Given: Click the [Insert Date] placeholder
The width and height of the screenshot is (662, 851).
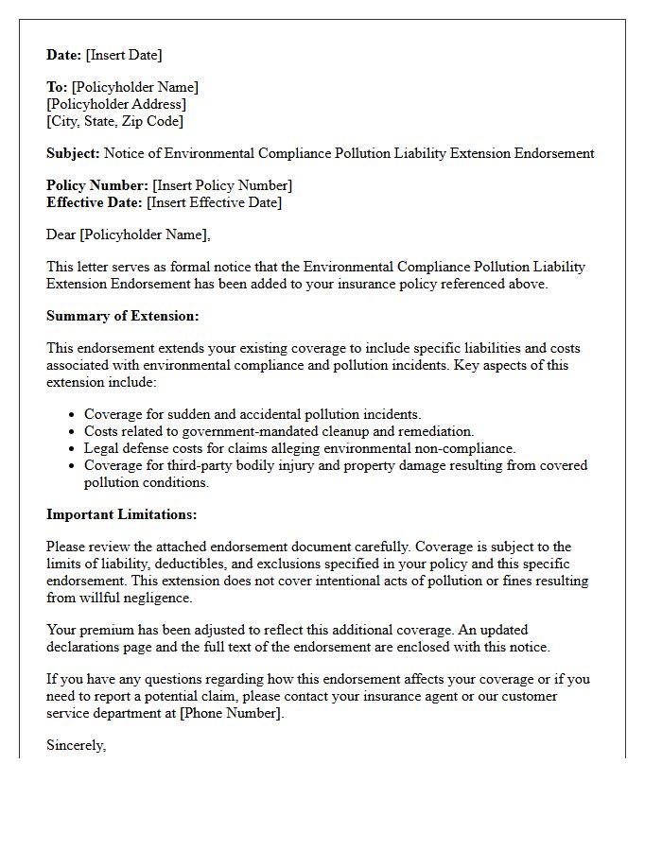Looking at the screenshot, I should (x=125, y=55).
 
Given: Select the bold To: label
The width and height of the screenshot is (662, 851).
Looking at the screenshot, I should (x=57, y=87).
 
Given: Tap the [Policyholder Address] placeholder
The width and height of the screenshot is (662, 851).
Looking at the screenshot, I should (x=116, y=104).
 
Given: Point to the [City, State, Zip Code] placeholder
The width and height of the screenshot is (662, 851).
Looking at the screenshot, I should (x=114, y=121).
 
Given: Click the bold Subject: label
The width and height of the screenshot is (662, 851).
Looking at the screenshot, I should (x=73, y=153).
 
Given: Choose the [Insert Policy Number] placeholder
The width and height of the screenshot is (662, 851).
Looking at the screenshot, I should (x=222, y=185).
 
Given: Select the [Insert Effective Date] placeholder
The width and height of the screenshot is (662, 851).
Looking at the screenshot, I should (x=214, y=202).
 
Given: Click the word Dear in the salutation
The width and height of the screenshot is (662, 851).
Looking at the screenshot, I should (x=61, y=234).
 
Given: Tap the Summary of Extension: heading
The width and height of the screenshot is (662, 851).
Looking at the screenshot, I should (x=122, y=316).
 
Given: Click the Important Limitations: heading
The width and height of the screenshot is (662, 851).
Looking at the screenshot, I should (x=121, y=514).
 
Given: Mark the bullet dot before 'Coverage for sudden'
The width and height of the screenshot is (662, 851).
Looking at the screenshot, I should (x=72, y=415).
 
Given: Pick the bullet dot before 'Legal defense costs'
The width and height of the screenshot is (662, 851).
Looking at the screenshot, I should (x=72, y=449).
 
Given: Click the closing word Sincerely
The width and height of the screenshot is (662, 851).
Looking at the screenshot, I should (x=76, y=745).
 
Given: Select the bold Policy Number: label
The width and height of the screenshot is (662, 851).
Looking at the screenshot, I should (x=97, y=185).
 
